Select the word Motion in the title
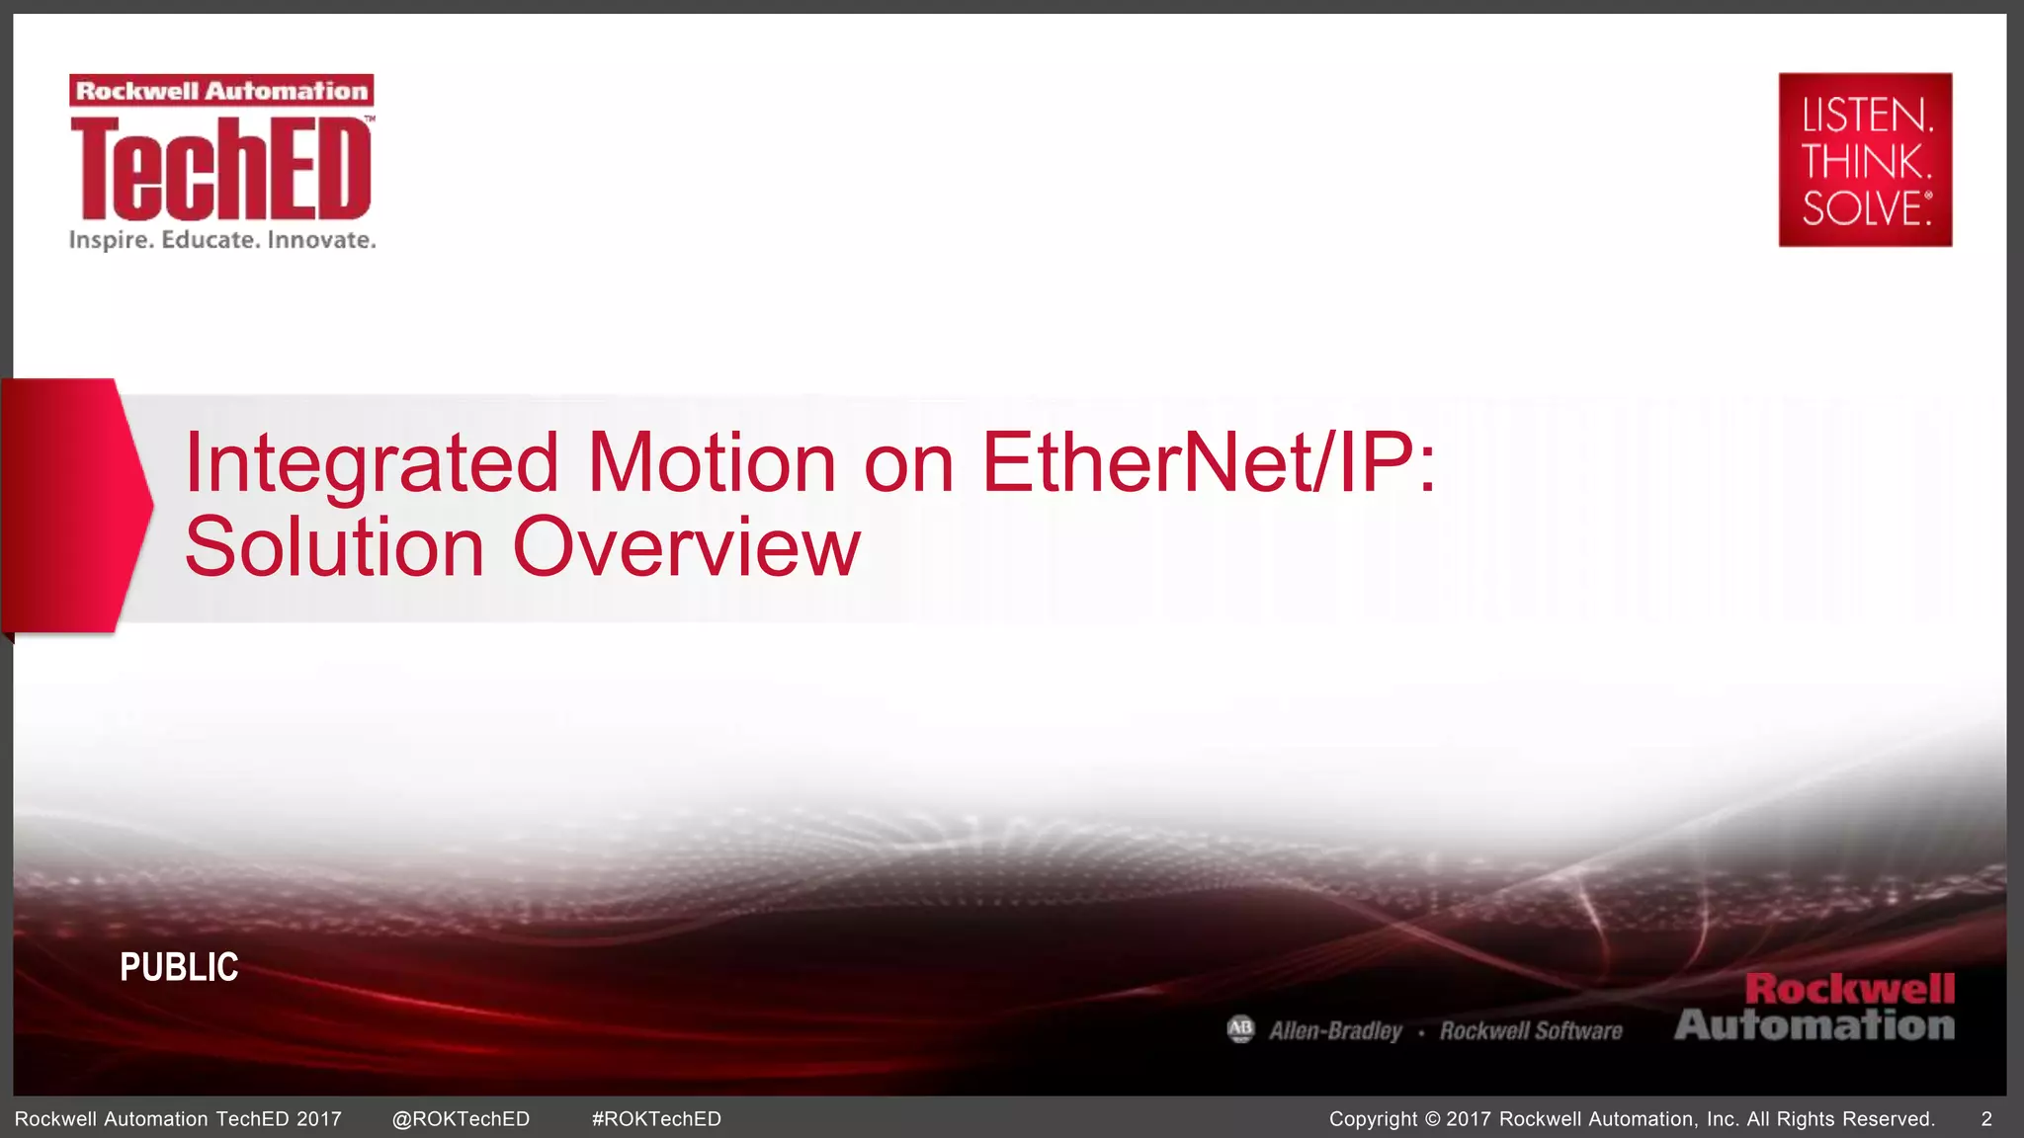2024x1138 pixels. (x=712, y=463)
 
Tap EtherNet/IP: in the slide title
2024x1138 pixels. (x=1208, y=463)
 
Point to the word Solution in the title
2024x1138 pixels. (x=334, y=547)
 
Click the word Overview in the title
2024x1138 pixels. (x=686, y=547)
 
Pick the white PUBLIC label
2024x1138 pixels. (x=179, y=967)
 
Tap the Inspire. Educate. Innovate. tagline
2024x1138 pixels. (x=222, y=240)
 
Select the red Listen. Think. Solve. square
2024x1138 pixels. (x=1865, y=159)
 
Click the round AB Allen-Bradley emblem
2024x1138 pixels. (x=1240, y=1029)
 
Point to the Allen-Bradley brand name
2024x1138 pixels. (x=1335, y=1031)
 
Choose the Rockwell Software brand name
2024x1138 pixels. (x=1531, y=1031)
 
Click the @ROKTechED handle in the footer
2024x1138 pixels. (x=461, y=1119)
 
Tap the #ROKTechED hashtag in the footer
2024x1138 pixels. (x=656, y=1119)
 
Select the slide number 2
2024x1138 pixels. (x=1986, y=1119)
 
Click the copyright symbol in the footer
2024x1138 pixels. (x=1432, y=1119)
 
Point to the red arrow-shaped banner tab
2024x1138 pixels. (x=74, y=505)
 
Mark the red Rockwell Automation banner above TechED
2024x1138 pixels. (x=221, y=91)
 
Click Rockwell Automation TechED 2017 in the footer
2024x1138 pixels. (x=178, y=1119)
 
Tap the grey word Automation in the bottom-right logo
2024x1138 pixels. (x=1814, y=1025)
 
